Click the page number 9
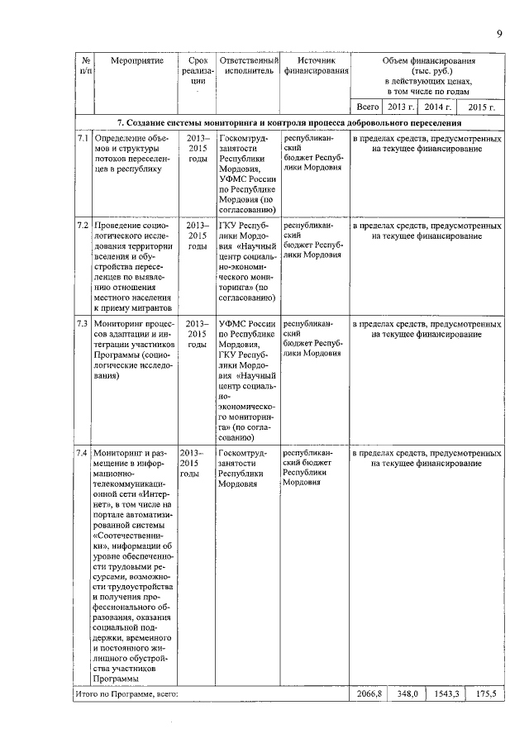[500, 33]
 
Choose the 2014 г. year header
[436, 107]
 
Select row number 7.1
[82, 138]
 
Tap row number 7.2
[82, 225]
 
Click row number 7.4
[82, 454]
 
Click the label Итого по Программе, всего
[126, 693]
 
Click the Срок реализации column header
[198, 71]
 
